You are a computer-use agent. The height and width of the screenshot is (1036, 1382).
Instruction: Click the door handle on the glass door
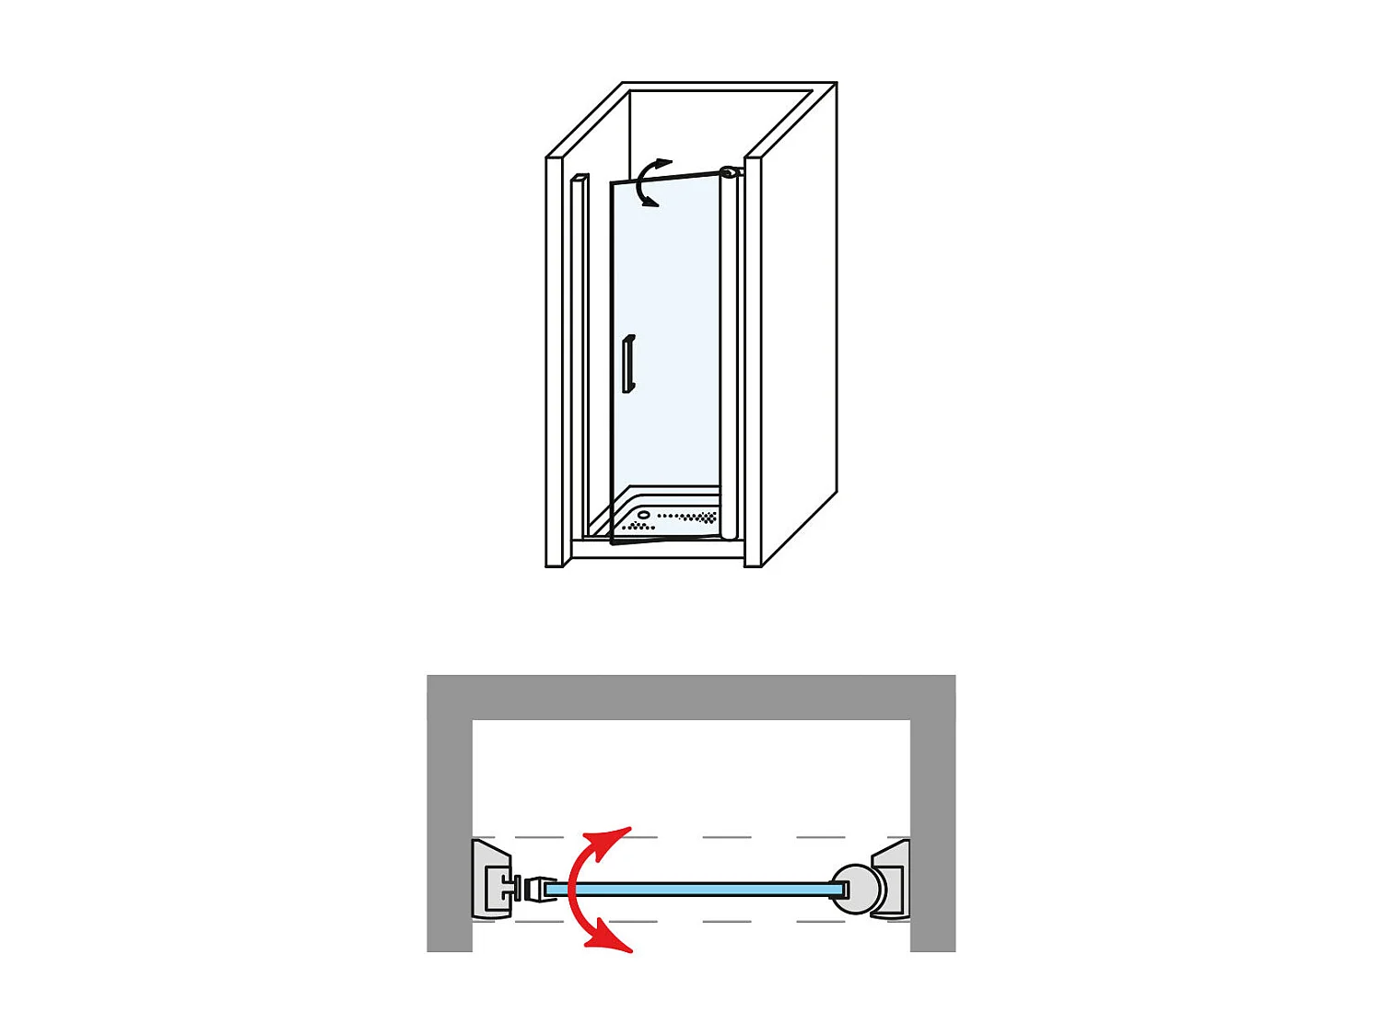pos(628,365)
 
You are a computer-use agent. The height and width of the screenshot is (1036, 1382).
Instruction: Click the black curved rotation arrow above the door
pos(648,181)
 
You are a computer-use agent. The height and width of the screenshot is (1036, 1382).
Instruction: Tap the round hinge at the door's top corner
pos(729,172)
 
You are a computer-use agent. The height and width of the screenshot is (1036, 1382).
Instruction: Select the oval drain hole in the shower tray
pos(644,515)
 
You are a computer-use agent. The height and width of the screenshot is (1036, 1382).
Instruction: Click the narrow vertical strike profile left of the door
pos(579,350)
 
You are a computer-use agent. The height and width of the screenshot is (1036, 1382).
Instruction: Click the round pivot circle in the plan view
pos(855,889)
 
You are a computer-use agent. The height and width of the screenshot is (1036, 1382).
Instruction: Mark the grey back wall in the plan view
pos(691,697)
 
